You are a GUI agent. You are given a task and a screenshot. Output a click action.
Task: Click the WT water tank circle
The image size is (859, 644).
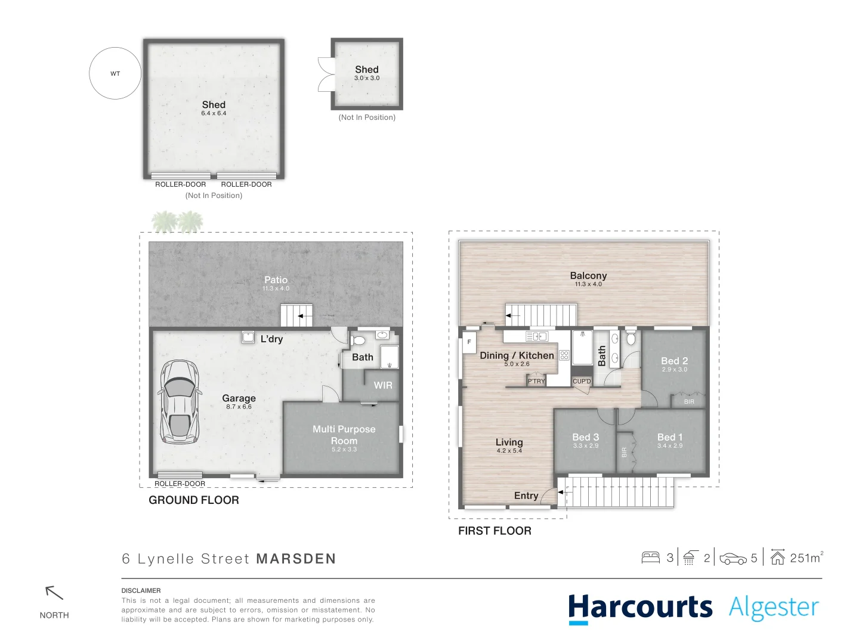[x=115, y=73]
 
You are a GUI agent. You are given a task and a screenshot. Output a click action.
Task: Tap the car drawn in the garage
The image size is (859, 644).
[x=179, y=402]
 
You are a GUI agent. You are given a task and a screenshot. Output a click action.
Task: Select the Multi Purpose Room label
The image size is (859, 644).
[x=344, y=435]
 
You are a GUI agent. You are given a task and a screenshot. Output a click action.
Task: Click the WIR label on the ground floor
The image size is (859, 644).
[x=383, y=385]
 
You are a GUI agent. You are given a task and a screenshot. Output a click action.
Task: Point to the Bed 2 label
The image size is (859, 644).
[x=674, y=361]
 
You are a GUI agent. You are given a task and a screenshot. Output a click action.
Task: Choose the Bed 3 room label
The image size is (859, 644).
[x=585, y=437]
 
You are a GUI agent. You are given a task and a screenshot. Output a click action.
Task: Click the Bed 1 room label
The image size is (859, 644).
[x=670, y=437]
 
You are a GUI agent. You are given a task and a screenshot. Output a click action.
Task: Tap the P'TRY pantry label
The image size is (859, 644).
[x=536, y=381]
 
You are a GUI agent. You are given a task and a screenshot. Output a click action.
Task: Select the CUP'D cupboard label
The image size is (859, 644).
[x=582, y=381]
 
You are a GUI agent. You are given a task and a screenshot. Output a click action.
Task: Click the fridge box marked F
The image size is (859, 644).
[x=469, y=342]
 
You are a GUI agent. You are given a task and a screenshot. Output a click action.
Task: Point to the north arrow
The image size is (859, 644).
[x=54, y=593]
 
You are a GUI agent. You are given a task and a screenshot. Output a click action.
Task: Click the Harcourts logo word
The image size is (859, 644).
[x=640, y=608]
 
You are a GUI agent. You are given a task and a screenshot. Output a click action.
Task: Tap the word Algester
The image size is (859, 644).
[x=774, y=608]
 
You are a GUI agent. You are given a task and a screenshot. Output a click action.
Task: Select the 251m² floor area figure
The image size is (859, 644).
[x=805, y=558]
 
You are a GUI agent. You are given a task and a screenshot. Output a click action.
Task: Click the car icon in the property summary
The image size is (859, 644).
[x=733, y=559]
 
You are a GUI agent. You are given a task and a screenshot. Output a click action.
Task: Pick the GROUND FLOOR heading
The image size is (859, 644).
[x=194, y=500]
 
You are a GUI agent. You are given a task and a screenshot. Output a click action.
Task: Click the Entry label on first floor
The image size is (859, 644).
[x=526, y=496]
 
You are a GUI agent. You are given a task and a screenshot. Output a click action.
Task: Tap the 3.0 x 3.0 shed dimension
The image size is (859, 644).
[x=367, y=78]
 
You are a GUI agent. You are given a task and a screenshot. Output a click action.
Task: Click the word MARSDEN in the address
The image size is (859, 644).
[x=296, y=559]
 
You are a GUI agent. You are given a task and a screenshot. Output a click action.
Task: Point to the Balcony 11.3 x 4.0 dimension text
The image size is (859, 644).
[x=588, y=284]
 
